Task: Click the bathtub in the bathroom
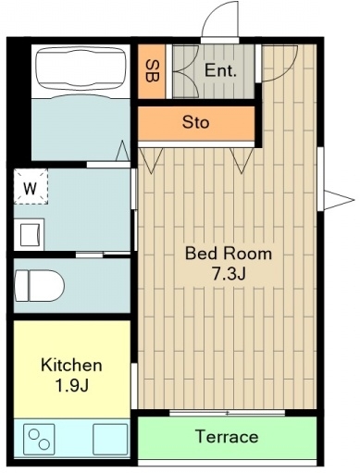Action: tap(81, 71)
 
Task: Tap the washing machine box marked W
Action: tap(31, 186)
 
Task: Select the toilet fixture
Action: tap(39, 285)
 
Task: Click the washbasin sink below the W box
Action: tap(30, 234)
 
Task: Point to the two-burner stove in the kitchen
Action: tap(39, 439)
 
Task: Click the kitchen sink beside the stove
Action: tap(110, 439)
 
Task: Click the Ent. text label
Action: tap(220, 70)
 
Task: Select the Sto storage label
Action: tap(195, 122)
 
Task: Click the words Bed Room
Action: tap(229, 254)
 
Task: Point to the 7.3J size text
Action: tap(229, 274)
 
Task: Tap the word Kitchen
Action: tap(71, 365)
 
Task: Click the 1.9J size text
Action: tap(72, 385)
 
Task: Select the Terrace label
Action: tap(227, 437)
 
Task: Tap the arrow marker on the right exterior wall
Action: tap(339, 200)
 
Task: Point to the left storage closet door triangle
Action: tap(151, 160)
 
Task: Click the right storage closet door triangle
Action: tap(242, 160)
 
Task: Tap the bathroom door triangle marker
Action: tap(123, 151)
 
